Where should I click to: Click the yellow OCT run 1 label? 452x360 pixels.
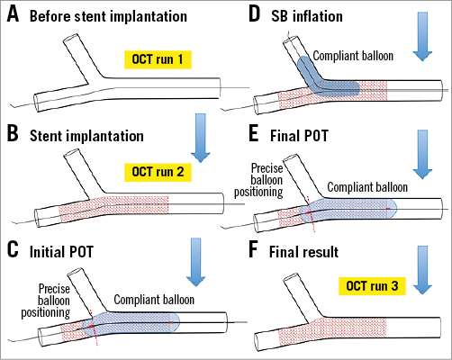click(x=163, y=60)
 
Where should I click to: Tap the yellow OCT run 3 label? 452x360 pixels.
click(x=372, y=285)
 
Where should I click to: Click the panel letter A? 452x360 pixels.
click(x=14, y=17)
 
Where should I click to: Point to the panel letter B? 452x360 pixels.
click(x=14, y=138)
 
